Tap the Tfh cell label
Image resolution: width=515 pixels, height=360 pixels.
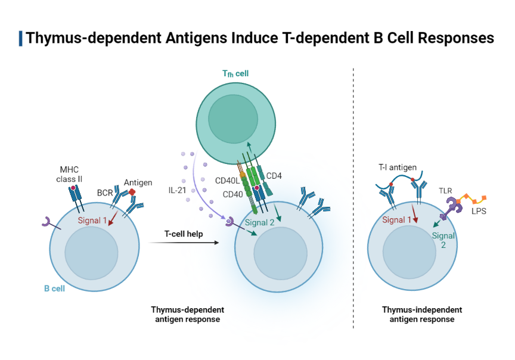pos(235,73)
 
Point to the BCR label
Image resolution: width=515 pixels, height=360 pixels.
pos(105,193)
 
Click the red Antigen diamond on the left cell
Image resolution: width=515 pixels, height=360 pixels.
pos(133,192)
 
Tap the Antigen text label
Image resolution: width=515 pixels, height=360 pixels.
pos(138,182)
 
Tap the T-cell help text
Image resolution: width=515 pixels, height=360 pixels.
pos(184,234)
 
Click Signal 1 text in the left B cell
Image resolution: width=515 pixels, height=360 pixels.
pos(92,221)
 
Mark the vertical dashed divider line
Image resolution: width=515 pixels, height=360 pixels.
pos(353,197)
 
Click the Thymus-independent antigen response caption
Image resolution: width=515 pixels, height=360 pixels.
pos(421,315)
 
